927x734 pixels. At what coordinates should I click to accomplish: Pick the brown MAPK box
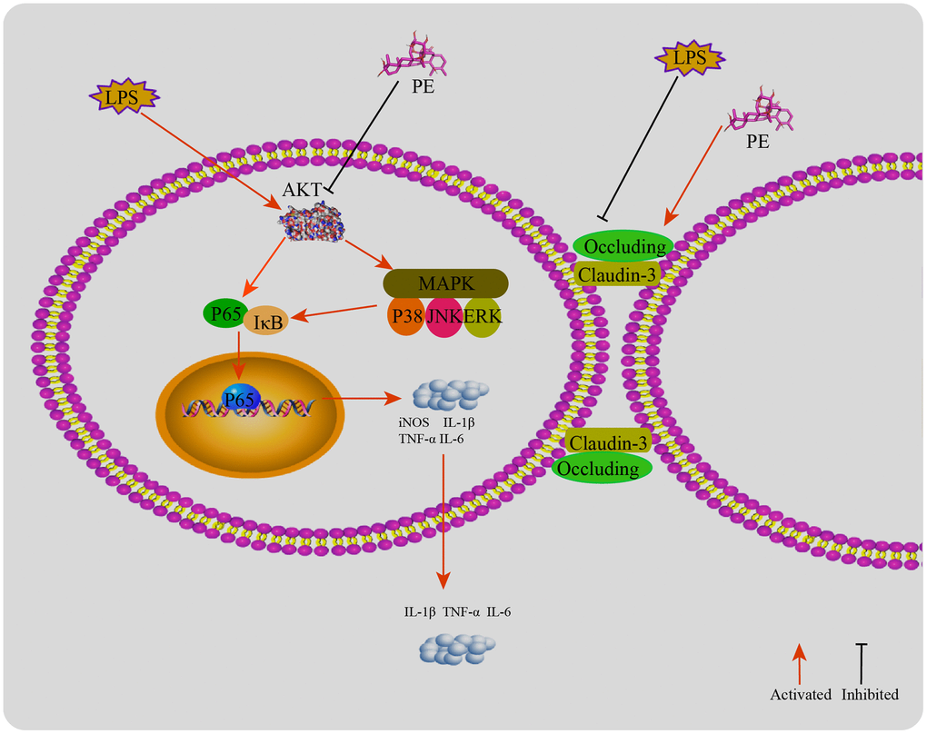[x=444, y=283]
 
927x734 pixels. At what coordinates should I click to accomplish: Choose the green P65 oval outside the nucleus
[x=223, y=314]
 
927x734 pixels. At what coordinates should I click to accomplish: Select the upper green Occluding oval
[x=623, y=246]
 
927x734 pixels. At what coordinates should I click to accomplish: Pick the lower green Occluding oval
[x=602, y=468]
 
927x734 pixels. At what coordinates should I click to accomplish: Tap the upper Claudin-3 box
[x=617, y=273]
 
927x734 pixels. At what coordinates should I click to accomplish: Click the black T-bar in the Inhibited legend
[x=862, y=663]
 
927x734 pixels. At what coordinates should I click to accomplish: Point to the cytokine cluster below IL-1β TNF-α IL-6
[x=458, y=647]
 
